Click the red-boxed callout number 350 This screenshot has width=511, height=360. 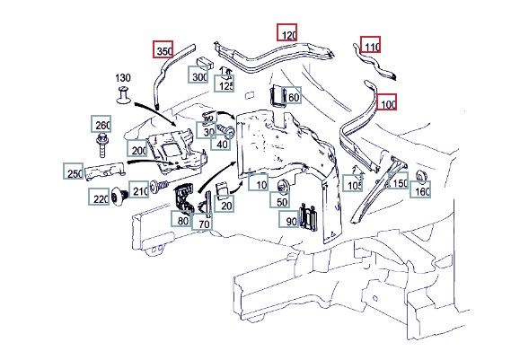163,49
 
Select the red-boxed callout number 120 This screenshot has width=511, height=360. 287,32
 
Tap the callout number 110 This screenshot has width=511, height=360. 371,45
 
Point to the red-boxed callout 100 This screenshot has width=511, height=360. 386,102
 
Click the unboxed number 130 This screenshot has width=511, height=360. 123,78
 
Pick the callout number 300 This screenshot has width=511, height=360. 198,75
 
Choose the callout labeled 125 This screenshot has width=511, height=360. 225,83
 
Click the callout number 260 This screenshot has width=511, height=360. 101,124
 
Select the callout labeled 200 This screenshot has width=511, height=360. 137,148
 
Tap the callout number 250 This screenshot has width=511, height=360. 74,171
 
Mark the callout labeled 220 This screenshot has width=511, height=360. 99,197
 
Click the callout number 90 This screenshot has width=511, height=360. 289,219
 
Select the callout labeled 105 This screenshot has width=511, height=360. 353,183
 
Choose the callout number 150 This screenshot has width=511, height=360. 398,180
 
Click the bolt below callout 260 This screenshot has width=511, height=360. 101,145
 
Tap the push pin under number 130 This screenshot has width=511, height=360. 123,95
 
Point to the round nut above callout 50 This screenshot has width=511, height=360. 281,187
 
